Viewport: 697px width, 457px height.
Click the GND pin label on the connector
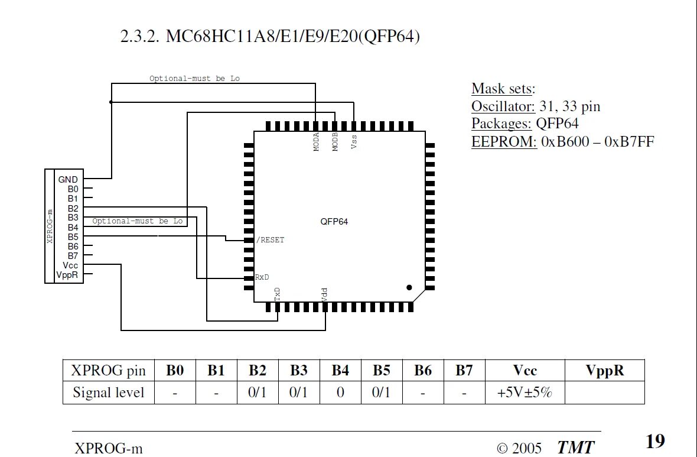click(68, 179)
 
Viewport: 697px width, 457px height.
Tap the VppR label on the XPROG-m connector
click(67, 275)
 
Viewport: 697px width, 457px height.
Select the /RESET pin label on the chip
click(270, 240)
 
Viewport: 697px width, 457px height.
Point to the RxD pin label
click(263, 277)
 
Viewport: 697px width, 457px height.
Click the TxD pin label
click(277, 294)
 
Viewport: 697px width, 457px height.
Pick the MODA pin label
click(317, 142)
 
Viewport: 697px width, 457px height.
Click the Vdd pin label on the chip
click(325, 294)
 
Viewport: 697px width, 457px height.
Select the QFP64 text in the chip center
click(334, 222)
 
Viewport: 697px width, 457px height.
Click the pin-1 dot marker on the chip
click(409, 287)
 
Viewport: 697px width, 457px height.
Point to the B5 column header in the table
click(382, 371)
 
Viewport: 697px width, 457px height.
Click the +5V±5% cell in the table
click(525, 392)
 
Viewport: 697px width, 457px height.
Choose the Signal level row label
click(108, 392)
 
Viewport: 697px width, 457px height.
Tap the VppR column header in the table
click(604, 371)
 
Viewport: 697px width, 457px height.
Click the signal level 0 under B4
click(340, 392)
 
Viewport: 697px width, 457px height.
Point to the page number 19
click(655, 441)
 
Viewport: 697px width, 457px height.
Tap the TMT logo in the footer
click(575, 448)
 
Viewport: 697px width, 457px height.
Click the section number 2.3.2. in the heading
click(139, 37)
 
